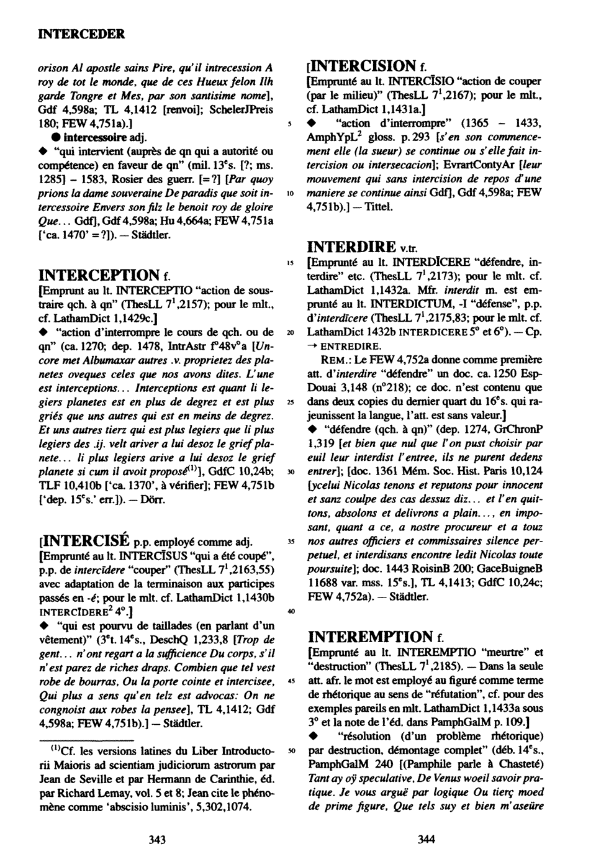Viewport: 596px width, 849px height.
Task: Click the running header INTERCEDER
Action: pos(81,33)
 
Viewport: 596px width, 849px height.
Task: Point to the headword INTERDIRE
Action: pos(352,247)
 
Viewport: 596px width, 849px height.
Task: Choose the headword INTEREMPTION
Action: pos(370,637)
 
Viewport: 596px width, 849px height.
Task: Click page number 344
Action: pos(427,839)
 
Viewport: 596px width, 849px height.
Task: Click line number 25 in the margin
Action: pos(291,402)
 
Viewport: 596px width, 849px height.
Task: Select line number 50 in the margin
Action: pos(291,751)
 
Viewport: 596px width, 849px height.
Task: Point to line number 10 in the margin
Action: pos(291,194)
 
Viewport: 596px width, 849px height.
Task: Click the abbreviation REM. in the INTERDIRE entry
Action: pos(335,360)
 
